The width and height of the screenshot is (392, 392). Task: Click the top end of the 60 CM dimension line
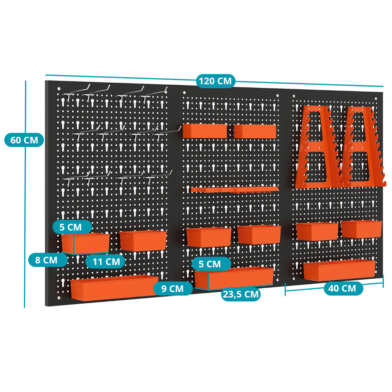point(25,81)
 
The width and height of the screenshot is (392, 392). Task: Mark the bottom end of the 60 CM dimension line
point(24,307)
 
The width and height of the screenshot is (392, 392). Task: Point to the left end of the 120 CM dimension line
point(45,75)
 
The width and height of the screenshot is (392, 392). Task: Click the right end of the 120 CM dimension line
point(383,87)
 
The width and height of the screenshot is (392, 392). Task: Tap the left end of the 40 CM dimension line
point(285,291)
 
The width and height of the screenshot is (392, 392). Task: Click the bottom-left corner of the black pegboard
point(45,306)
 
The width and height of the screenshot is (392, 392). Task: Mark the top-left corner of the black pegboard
point(45,80)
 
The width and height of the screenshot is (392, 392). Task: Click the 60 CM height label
point(24,140)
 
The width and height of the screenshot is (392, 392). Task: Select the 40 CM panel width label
point(342,288)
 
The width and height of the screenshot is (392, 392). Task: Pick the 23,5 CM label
point(241,294)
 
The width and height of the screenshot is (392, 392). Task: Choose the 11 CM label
point(106,262)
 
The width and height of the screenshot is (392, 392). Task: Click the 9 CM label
point(172,289)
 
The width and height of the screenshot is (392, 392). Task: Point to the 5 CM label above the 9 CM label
point(210,264)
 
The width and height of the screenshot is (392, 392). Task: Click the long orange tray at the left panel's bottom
point(114,287)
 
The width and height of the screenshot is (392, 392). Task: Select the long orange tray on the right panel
point(339,270)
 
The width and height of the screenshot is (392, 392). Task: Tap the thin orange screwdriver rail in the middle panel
point(234,189)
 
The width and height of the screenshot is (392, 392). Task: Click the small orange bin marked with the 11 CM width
point(85,243)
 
